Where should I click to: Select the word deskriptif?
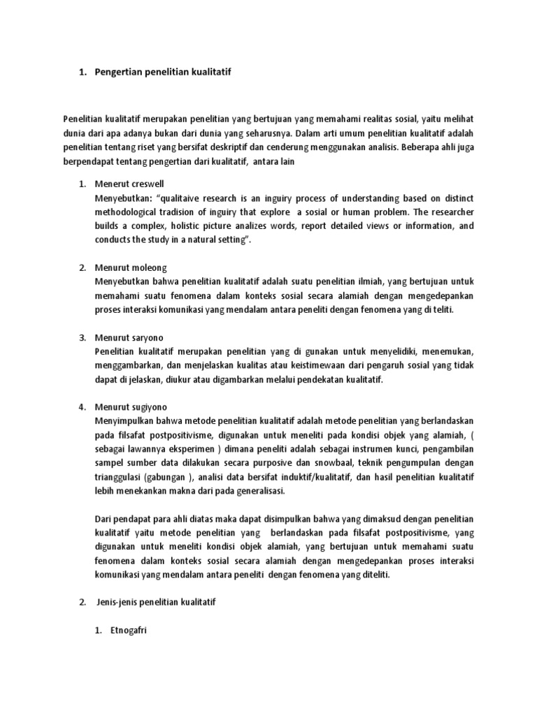[x=244, y=147]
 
